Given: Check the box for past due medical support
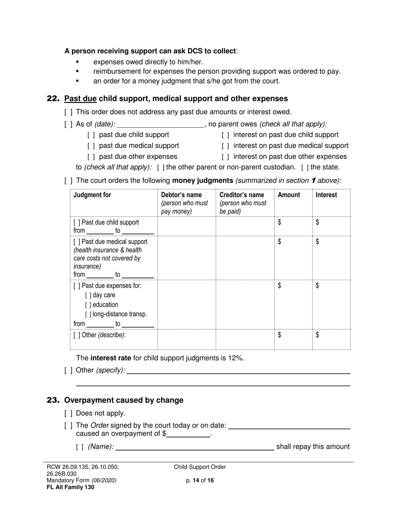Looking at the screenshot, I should [x=91, y=146].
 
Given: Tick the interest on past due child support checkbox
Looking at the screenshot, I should [x=225, y=135].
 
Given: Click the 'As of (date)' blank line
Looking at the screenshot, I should [x=161, y=124].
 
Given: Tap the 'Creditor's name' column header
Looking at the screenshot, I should [x=242, y=195].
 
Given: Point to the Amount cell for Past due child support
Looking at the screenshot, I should [x=293, y=226].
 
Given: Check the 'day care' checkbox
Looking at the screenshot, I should [x=88, y=295].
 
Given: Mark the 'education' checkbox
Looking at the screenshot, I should [x=88, y=305].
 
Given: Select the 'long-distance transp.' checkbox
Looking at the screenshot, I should [x=88, y=314].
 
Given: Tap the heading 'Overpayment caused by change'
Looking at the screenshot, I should [x=124, y=400].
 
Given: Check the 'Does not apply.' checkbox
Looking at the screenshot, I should [x=69, y=414].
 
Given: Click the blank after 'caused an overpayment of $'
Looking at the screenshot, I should [x=188, y=434].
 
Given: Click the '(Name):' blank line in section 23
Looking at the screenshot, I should [x=194, y=447].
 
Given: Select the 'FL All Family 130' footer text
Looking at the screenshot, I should [x=70, y=487].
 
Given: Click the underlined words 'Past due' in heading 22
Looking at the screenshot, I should [x=80, y=99].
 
